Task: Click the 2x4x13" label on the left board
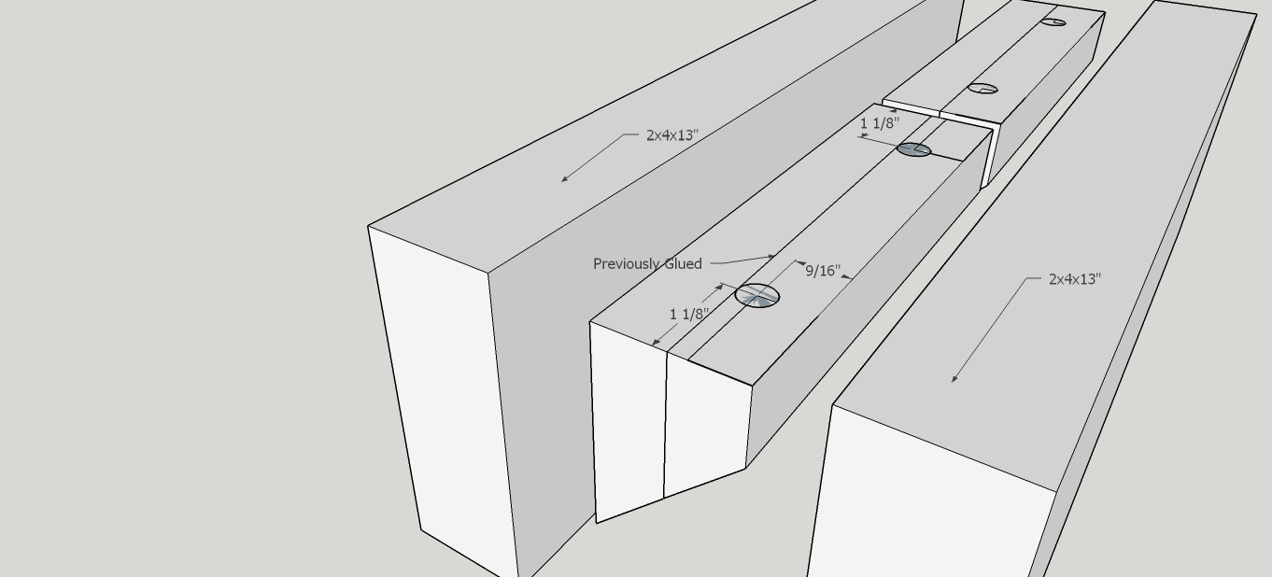point(671,135)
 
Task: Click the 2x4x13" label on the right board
point(1074,279)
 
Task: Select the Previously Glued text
point(647,264)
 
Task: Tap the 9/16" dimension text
point(823,271)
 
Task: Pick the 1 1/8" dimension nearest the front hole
point(689,315)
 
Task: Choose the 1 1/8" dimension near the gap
point(879,123)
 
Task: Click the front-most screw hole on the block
point(757,296)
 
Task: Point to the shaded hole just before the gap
point(913,149)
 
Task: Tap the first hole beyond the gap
point(982,90)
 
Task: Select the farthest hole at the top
point(1053,21)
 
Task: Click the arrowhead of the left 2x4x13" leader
point(563,179)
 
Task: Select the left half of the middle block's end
point(629,420)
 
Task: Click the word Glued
point(682,264)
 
